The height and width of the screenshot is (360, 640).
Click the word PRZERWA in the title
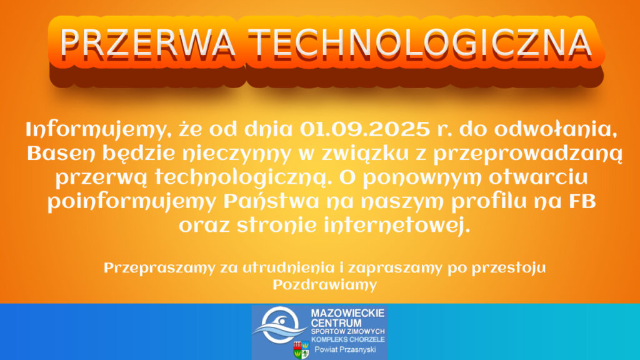[x=147, y=43]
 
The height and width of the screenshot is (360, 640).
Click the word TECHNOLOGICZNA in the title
[x=420, y=43]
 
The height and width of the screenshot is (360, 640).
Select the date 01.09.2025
[x=365, y=129]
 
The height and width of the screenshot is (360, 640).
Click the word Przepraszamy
[x=159, y=269]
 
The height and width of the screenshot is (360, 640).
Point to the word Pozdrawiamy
[x=324, y=285]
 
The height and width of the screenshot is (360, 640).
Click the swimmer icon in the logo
[x=279, y=325]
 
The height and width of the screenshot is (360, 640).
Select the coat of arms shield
[x=301, y=350]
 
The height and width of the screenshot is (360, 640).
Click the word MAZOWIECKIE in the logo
[x=347, y=313]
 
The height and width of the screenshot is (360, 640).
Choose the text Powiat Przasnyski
[x=345, y=349]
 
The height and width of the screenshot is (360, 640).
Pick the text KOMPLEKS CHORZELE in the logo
[x=347, y=339]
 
